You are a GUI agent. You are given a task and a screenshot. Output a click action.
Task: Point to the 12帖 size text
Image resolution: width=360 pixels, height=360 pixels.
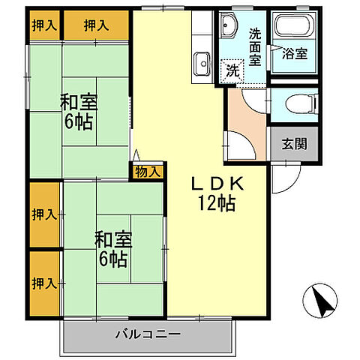[x=217, y=202]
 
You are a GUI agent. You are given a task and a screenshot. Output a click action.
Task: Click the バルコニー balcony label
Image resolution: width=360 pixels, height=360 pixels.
[x=147, y=334]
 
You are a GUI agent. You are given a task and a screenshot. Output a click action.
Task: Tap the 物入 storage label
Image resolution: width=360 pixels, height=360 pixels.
[x=148, y=172]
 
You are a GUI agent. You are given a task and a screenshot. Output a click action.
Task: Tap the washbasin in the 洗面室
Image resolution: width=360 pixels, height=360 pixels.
[x=230, y=27]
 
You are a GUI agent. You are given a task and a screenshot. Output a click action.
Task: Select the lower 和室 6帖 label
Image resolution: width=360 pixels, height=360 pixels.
[x=112, y=250]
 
